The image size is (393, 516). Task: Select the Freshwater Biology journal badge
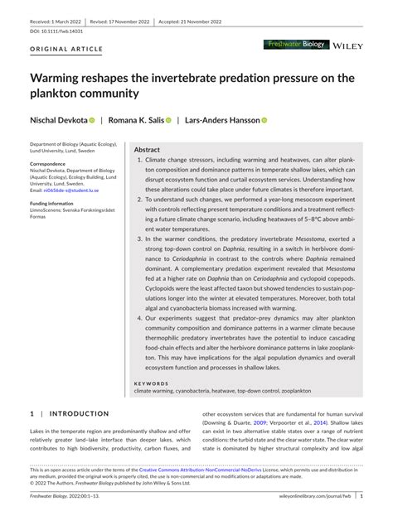click(x=297, y=44)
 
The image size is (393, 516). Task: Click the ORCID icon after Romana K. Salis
click(x=167, y=121)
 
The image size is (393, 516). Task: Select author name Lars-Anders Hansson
click(x=224, y=120)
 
